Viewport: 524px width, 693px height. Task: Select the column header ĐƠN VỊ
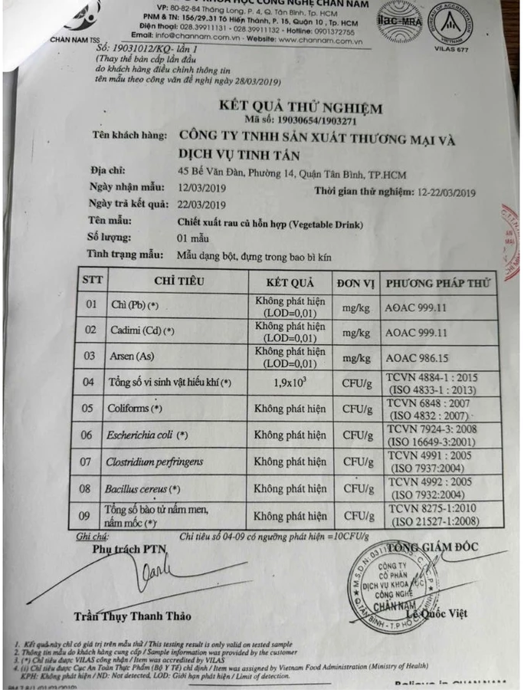tap(357, 282)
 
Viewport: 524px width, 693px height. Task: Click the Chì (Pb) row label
tap(132, 306)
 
